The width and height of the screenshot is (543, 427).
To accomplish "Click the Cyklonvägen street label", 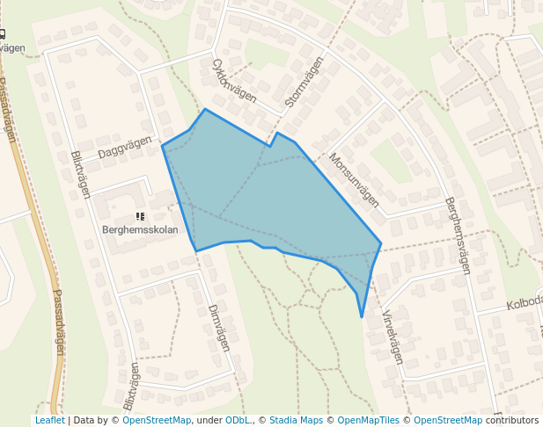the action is click(233, 80).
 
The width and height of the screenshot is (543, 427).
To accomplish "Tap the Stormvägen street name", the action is click(305, 83).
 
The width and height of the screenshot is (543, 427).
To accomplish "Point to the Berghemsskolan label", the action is click(140, 230).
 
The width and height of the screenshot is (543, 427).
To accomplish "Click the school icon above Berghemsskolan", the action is click(139, 215).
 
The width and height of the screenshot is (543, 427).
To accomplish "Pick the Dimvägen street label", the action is click(218, 328).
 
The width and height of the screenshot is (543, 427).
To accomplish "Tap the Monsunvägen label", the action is click(353, 180).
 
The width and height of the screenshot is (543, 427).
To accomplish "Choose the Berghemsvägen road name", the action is click(465, 235).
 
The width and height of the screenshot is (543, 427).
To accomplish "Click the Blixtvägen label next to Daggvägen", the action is click(80, 174).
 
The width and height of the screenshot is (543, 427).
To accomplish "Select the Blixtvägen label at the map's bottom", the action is click(131, 387).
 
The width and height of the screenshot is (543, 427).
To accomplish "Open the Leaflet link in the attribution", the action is click(49, 420).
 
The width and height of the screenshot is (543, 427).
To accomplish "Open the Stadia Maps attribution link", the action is click(296, 420).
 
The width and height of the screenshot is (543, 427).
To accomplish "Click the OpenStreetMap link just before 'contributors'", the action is click(448, 420).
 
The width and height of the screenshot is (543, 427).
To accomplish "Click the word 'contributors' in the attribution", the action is click(511, 420).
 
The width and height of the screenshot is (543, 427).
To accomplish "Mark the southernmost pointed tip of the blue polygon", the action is click(362, 317).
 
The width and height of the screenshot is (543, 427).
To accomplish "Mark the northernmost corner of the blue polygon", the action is click(205, 109).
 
